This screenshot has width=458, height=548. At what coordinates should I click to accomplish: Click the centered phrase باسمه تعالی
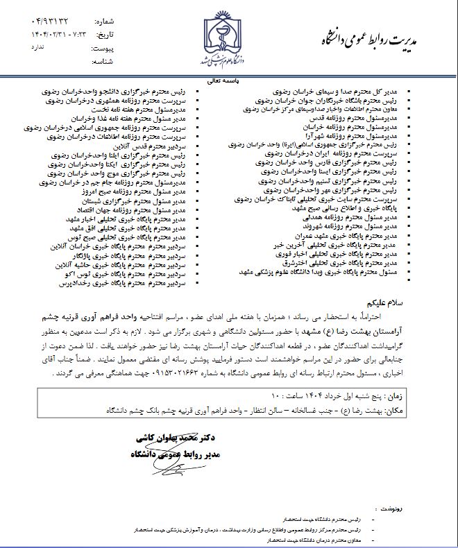(228, 80)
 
